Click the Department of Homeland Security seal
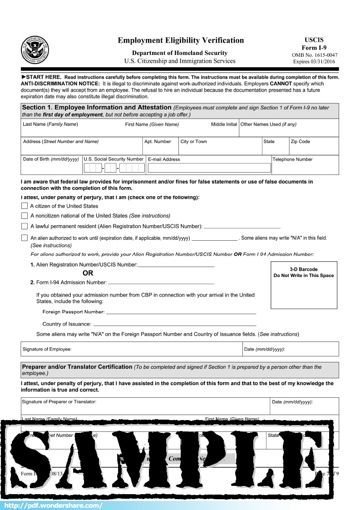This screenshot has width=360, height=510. coord(35,50)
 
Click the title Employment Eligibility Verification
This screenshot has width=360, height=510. coord(181,40)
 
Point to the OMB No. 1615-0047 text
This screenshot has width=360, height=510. coord(315,55)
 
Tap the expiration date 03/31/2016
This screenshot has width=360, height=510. coord(315,62)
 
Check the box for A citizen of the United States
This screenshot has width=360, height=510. coord(25,206)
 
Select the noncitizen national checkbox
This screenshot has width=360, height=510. coord(25,216)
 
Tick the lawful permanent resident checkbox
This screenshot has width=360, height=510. coord(25,226)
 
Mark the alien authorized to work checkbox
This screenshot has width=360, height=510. coord(25,238)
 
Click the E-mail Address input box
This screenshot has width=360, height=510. coord(209,168)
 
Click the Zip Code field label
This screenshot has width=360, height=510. coord(301,142)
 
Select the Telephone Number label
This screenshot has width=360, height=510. coord(292,159)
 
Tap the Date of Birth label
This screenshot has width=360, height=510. coord(51,159)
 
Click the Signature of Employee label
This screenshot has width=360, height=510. coord(47,349)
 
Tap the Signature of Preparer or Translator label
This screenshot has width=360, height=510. coord(59,402)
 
